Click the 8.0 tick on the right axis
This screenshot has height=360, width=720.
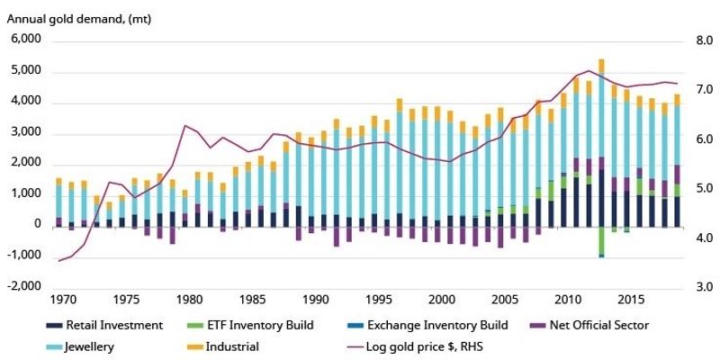(x=697, y=40)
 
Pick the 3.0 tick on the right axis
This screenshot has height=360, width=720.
(x=697, y=286)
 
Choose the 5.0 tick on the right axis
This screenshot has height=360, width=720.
(x=697, y=188)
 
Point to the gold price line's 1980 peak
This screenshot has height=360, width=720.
(x=185, y=125)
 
